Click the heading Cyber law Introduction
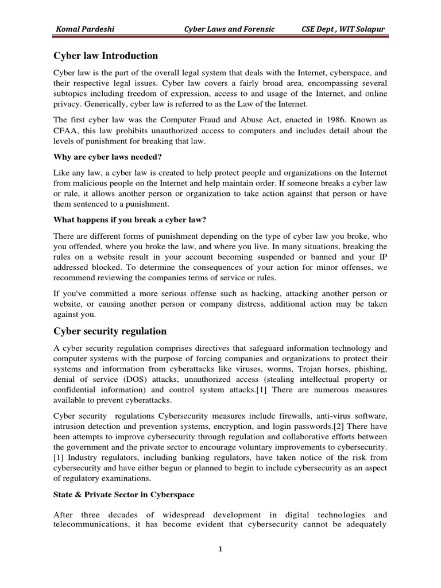pyautogui.click(x=106, y=56)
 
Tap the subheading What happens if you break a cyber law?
pyautogui.click(x=122, y=219)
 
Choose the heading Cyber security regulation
pyautogui.click(x=110, y=331)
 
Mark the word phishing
pyautogui.click(x=369, y=369)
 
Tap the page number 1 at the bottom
pyautogui.click(x=220, y=549)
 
